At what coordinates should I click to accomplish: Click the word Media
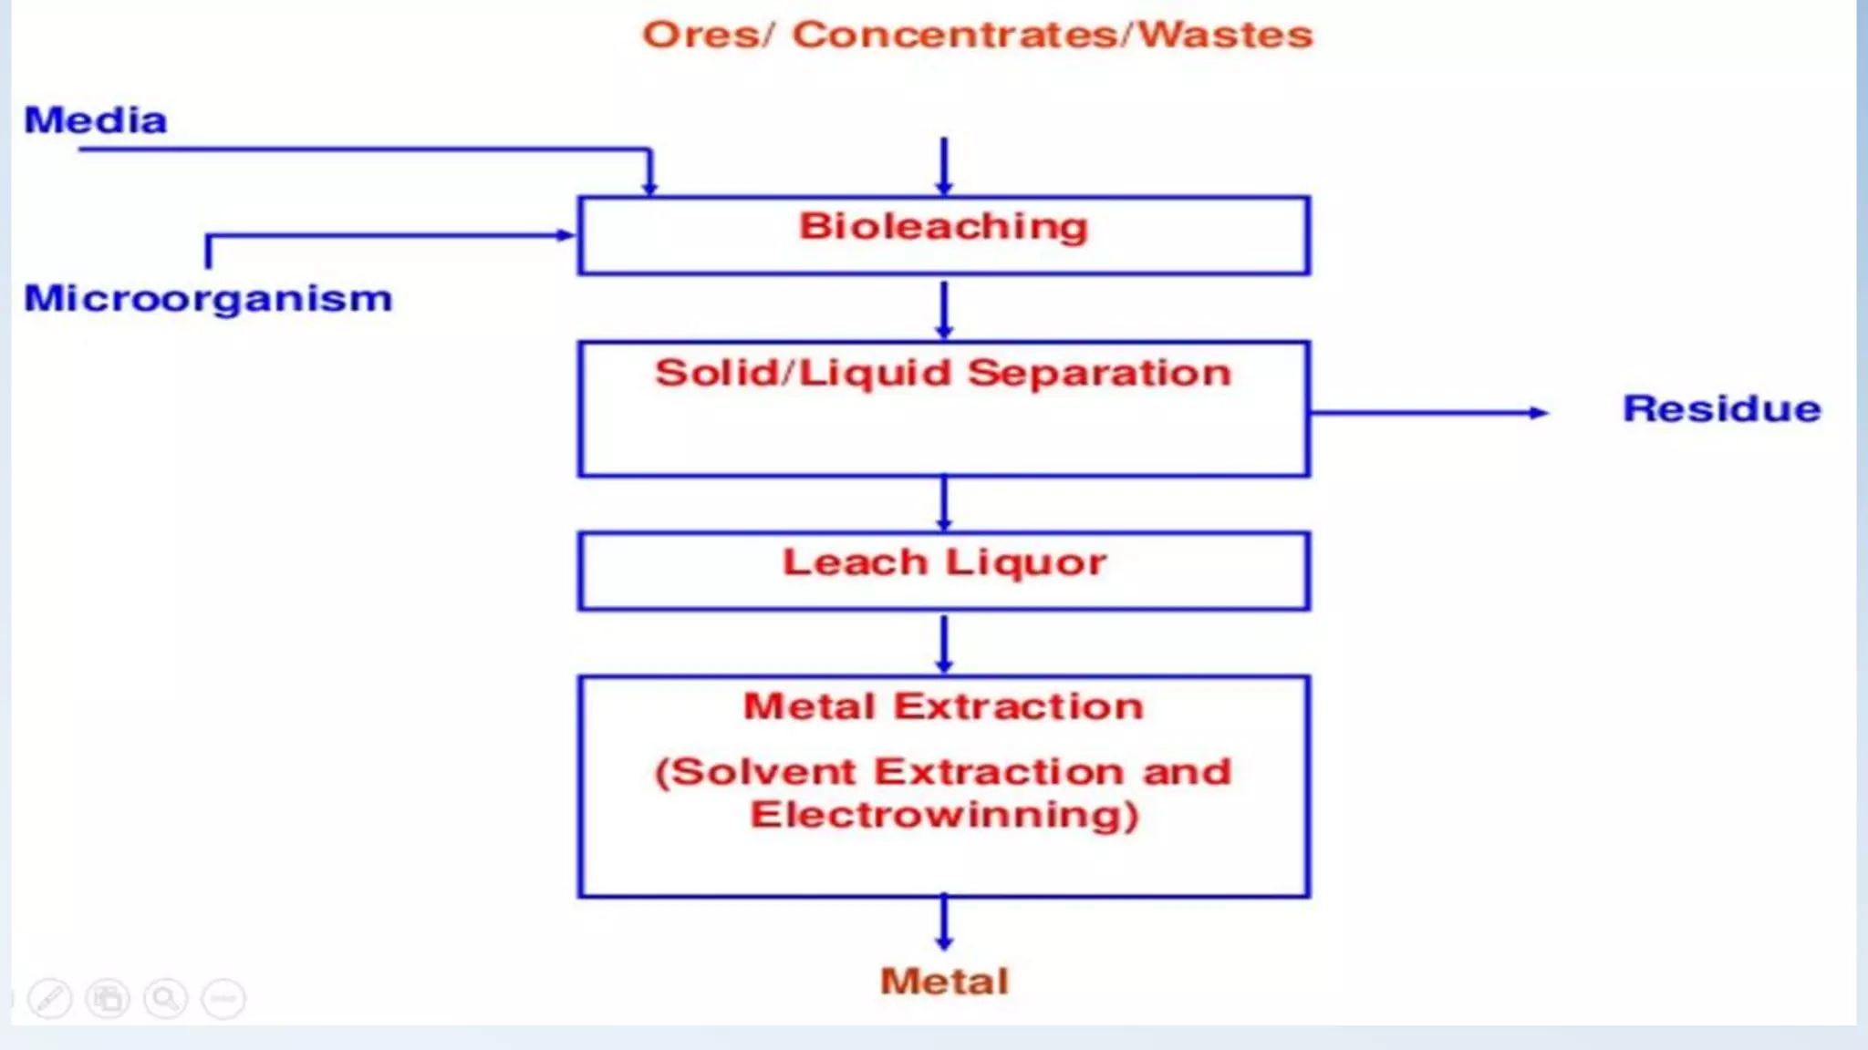tap(96, 120)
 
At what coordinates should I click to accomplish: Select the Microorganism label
tap(208, 299)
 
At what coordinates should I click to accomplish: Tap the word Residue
tap(1721, 408)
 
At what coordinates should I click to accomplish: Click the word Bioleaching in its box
tap(944, 226)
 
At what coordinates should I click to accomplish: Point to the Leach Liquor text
tap(944, 562)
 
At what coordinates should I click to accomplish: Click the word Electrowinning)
tap(944, 814)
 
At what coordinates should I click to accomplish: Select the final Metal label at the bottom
tap(944, 982)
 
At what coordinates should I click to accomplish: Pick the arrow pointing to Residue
tap(1427, 413)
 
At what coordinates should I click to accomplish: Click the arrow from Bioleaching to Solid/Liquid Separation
tap(944, 310)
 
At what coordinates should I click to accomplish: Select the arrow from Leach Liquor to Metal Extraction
tap(944, 643)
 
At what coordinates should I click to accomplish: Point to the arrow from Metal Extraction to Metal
tap(944, 922)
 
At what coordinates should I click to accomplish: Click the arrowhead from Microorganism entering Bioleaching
tap(566, 235)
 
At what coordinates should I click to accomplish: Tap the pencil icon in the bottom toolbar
tap(50, 999)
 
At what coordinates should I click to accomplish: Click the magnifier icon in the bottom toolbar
tap(165, 999)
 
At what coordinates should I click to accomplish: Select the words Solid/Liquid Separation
tap(944, 374)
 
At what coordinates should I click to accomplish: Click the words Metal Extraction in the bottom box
tap(944, 706)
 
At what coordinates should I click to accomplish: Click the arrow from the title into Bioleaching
tap(944, 167)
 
